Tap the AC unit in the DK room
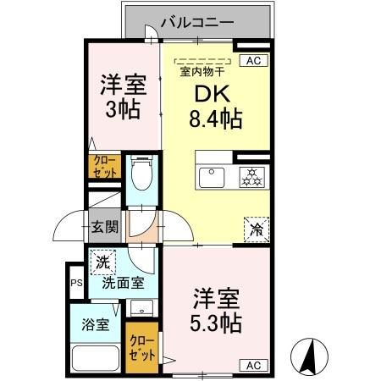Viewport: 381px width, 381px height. point(251,59)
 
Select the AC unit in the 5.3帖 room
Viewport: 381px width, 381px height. point(252,365)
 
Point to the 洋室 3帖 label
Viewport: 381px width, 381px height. point(124,97)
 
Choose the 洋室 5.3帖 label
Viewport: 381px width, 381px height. point(218,311)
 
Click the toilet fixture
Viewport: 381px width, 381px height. point(141,176)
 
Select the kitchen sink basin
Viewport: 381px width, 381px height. point(210,178)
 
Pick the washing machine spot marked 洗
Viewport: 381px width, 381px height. point(102,263)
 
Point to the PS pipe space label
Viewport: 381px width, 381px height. point(75,283)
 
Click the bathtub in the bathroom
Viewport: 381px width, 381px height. point(95,356)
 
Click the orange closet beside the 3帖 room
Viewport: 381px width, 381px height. point(105,165)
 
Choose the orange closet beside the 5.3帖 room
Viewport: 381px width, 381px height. point(141,348)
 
